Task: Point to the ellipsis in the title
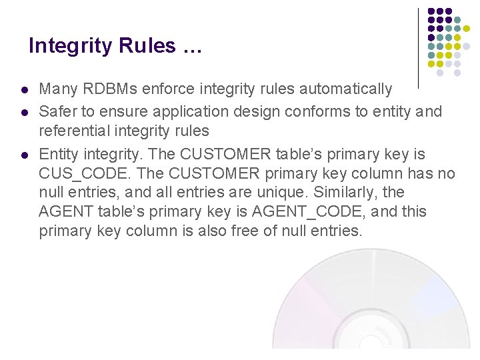tap(191, 47)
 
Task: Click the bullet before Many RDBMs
tap(24, 90)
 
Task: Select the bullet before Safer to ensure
tap(24, 112)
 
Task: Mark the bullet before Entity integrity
tap(24, 155)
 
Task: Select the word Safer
tap(58, 111)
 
